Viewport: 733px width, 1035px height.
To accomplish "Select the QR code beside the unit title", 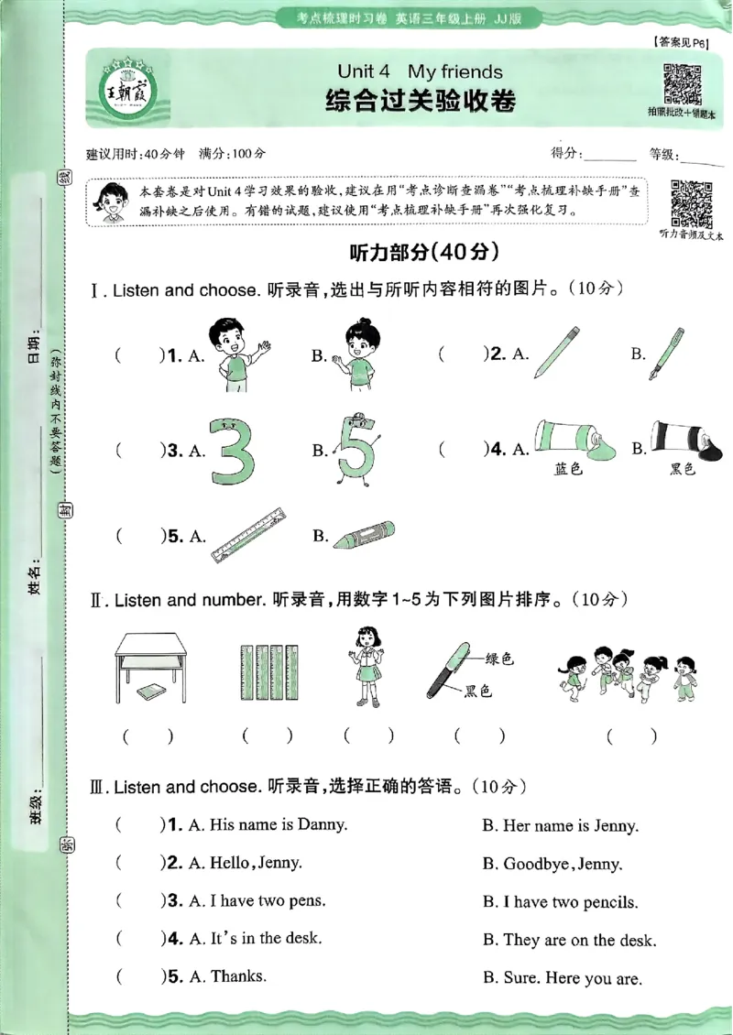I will (x=681, y=84).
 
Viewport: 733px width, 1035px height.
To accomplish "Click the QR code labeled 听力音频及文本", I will (x=692, y=203).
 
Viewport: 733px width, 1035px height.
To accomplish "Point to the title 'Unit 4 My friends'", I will (x=420, y=71).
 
